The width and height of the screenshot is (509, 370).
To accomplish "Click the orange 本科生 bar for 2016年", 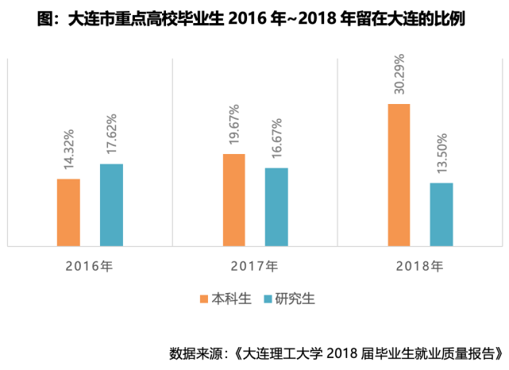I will point(69,212).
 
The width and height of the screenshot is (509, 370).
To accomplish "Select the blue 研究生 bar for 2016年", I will point(111,205).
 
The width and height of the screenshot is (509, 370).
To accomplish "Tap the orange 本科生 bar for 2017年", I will point(234,199).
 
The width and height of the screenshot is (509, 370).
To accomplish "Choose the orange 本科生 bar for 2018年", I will point(399,175).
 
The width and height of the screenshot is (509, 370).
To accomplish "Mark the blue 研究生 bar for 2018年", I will point(442,214).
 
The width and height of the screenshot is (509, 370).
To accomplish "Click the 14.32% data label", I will point(70,150).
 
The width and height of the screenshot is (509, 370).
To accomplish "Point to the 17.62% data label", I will point(112,136).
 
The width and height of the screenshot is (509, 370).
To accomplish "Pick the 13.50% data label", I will point(442,155).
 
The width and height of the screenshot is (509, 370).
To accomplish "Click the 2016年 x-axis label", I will point(90,265).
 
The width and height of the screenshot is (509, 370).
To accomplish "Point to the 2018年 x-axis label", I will point(419,265).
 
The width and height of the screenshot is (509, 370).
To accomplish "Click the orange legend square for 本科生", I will point(203,299).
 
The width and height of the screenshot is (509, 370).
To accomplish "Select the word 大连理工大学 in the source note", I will point(280,351).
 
